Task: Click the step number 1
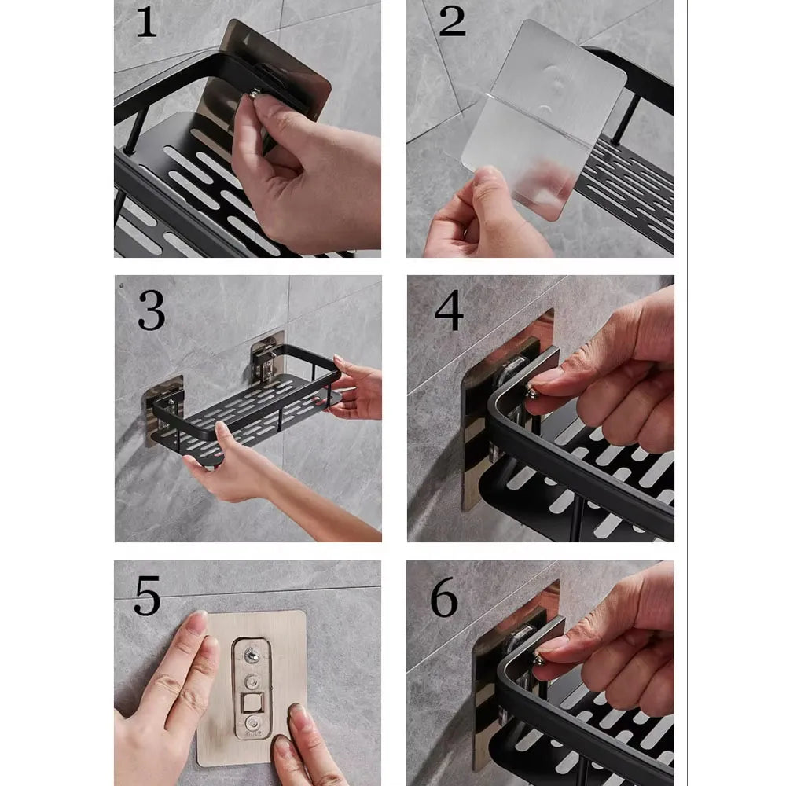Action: pyautogui.click(x=146, y=23)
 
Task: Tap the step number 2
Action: pyautogui.click(x=452, y=21)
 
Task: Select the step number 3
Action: pyautogui.click(x=152, y=310)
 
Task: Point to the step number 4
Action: pyautogui.click(x=449, y=310)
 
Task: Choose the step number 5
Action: pyautogui.click(x=147, y=596)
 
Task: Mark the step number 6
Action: pyautogui.click(x=444, y=597)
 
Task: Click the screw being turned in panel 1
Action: pyautogui.click(x=255, y=94)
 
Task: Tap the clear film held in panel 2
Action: pyautogui.click(x=544, y=118)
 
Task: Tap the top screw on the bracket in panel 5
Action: pyautogui.click(x=252, y=654)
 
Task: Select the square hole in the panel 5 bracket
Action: pyautogui.click(x=251, y=702)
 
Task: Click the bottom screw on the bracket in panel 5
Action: pyautogui.click(x=252, y=723)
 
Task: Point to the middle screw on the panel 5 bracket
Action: pyautogui.click(x=252, y=681)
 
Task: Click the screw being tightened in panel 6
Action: pyautogui.click(x=539, y=659)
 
